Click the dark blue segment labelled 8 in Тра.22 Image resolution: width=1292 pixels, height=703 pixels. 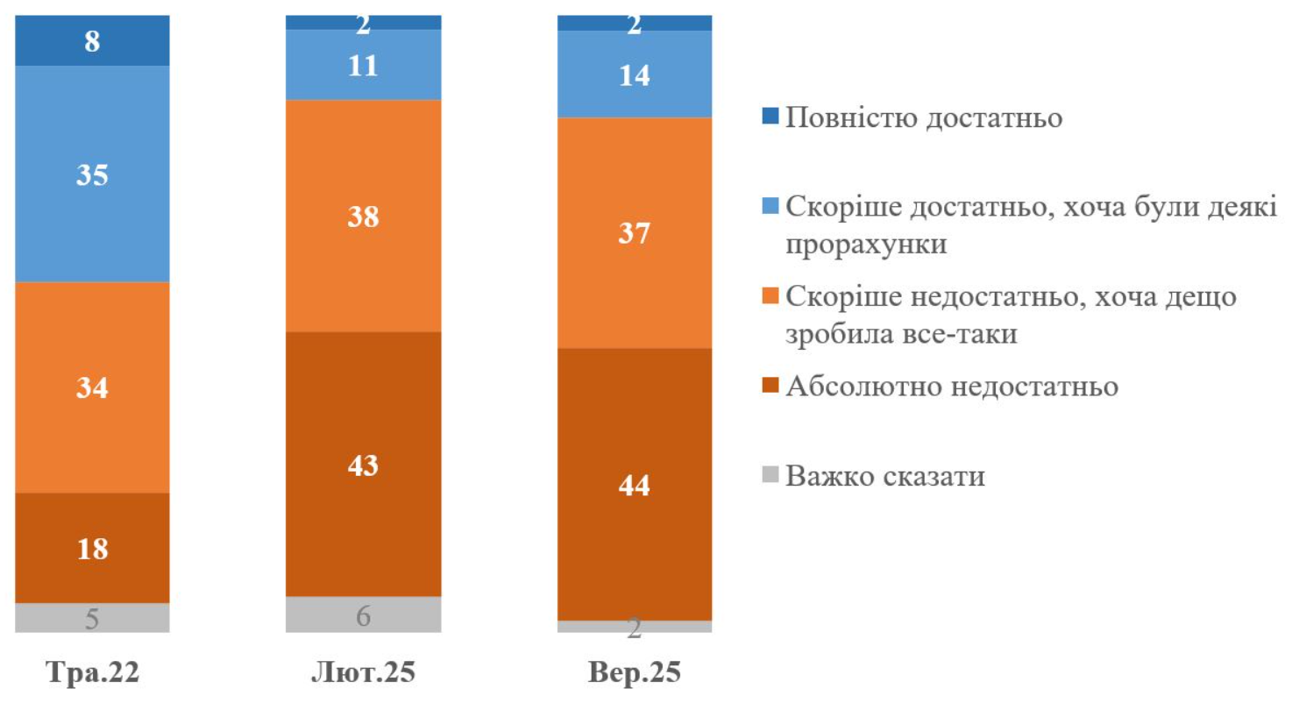pos(92,40)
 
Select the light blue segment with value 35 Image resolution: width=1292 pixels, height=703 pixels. pos(92,174)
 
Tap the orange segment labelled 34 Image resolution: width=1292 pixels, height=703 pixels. pos(92,387)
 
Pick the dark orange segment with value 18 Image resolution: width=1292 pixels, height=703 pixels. pos(92,548)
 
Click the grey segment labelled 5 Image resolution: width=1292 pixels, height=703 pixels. pos(92,617)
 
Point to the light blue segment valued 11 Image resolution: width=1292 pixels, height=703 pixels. pos(363,65)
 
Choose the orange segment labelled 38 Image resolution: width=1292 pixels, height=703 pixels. pos(363,216)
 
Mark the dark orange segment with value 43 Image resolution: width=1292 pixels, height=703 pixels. pos(363,464)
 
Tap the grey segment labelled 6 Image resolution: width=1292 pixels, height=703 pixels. pos(363,614)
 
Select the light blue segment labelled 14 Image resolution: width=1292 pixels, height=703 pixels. pos(635,75)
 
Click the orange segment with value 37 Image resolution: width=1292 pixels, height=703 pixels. pos(635,232)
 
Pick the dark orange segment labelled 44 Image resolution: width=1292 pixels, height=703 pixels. pos(635,484)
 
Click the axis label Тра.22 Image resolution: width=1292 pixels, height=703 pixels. pos(92,675)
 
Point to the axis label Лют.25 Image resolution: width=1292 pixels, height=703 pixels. pos(363,675)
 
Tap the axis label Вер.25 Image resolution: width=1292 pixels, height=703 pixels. pos(635,675)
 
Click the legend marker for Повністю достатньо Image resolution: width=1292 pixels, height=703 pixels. pos(771,118)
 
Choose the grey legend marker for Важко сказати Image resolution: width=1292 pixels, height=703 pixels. pos(771,478)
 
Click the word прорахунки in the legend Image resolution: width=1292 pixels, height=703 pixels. pos(867,245)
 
